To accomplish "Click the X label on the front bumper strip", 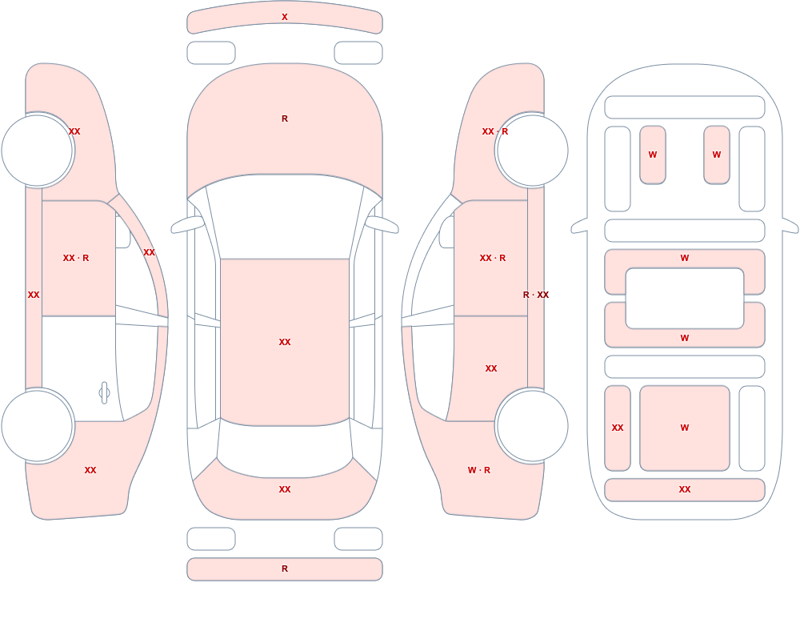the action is pos(285,17).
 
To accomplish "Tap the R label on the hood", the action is pos(285,119).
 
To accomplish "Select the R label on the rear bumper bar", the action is pos(285,569).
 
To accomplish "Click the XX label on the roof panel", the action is pos(285,342).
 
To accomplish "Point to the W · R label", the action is pos(479,470).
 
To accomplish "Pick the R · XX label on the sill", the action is pos(536,295).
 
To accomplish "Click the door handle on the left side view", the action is pos(104,393).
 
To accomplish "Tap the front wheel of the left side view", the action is pos(37,151).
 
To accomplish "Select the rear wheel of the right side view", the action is pos(532,425).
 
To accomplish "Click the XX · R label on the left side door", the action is pos(76,258).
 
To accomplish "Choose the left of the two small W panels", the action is pos(653,155).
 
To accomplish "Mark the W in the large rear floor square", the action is pos(685,428).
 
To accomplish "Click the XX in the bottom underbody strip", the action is pos(685,489).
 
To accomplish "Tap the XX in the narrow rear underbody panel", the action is pos(618,428).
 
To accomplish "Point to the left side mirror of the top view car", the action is pos(187,224).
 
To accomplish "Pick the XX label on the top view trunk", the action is pos(285,489).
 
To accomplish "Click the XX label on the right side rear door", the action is pos(491,368).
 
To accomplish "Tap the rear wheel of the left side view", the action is pos(37,425).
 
